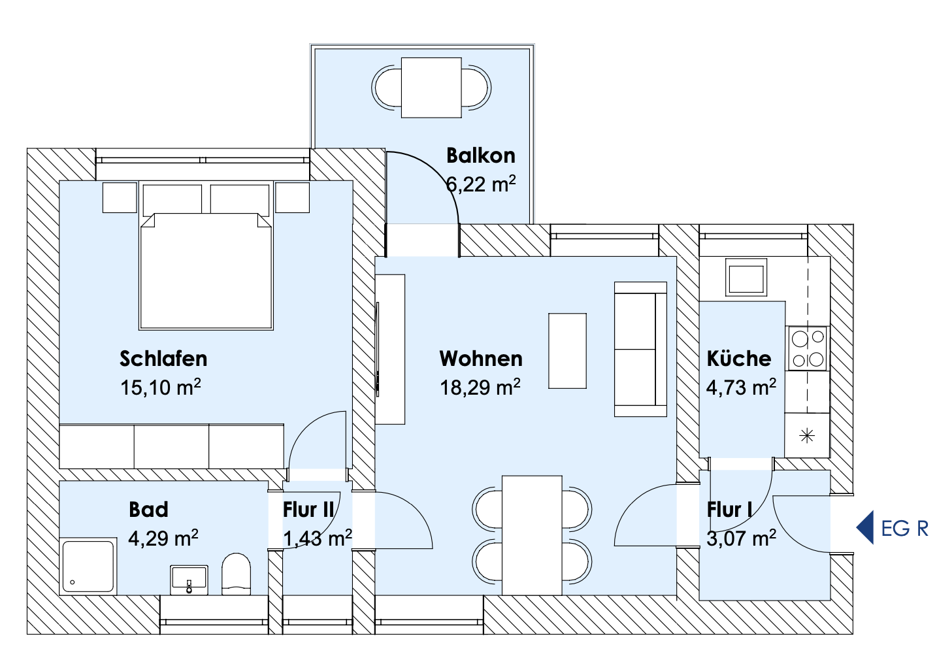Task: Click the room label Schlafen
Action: [x=163, y=359]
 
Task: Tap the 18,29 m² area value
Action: [x=480, y=387]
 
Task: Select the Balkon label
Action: [x=481, y=156]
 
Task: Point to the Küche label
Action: [x=739, y=358]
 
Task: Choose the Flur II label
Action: [x=308, y=510]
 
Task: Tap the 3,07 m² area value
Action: [x=741, y=538]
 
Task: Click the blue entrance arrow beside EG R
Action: [x=864, y=527]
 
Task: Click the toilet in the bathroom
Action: [x=236, y=574]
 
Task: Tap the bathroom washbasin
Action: [x=189, y=580]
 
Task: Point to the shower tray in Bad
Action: [x=88, y=567]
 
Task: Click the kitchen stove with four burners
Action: [x=808, y=348]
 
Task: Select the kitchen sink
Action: [x=746, y=277]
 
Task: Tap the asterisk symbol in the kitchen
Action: [x=807, y=436]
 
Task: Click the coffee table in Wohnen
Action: [x=567, y=351]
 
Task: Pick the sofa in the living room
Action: [x=640, y=349]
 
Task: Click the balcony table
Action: [x=431, y=88]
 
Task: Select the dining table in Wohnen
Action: [x=532, y=535]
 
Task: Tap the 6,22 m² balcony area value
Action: [x=481, y=184]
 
